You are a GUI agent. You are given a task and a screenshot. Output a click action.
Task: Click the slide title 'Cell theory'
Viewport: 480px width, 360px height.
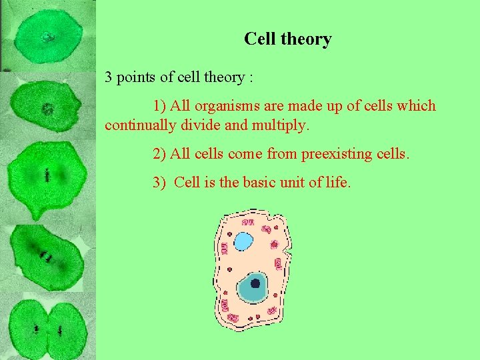287,39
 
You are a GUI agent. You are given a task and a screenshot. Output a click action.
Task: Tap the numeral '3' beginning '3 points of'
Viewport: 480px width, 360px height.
108,77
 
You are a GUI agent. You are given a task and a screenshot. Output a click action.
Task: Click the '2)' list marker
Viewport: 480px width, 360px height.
159,154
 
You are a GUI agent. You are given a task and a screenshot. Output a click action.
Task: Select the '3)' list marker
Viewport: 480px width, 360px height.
159,183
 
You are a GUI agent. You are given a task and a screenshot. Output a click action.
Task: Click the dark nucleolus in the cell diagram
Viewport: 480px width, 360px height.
255,283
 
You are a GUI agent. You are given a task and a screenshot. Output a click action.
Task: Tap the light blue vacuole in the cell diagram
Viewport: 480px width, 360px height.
243,241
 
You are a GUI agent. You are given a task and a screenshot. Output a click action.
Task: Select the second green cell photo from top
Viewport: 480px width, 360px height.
47,107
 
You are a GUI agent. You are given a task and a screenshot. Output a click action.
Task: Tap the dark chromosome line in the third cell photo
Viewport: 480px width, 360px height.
48,176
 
